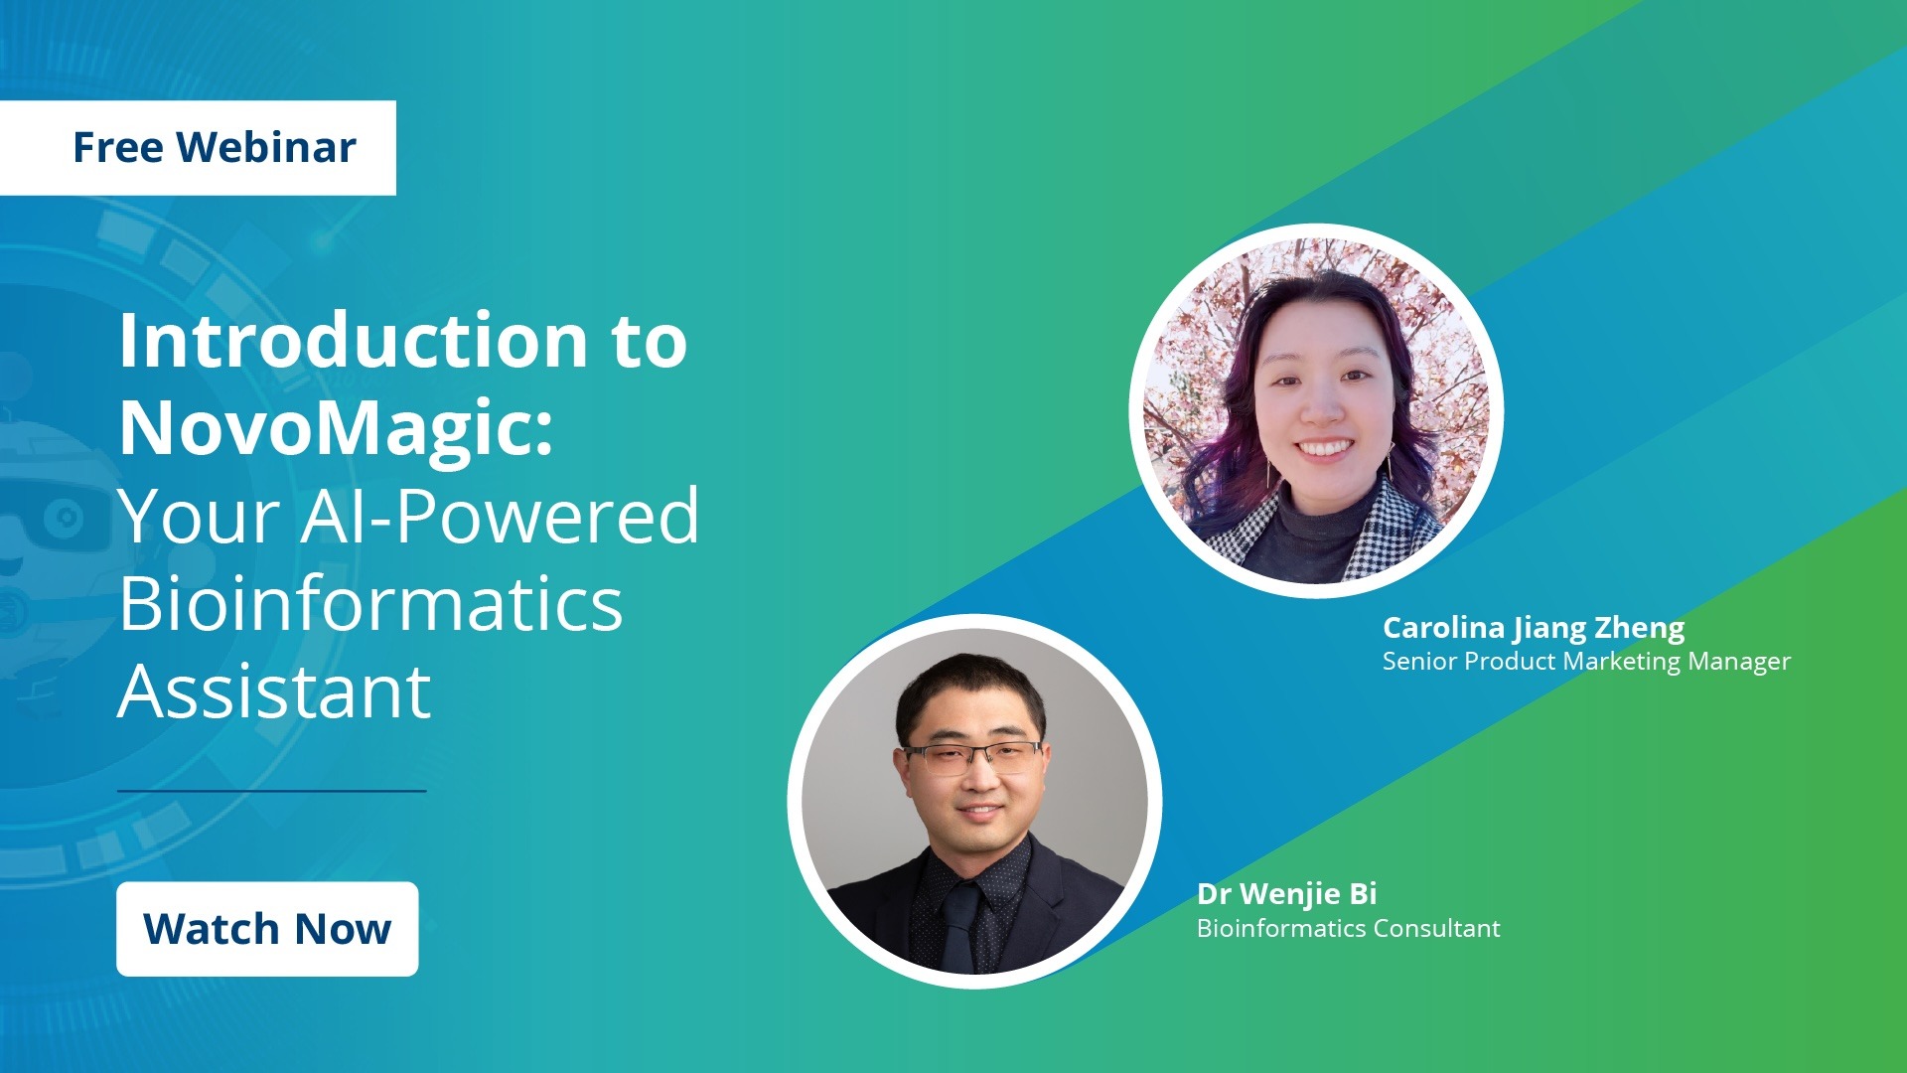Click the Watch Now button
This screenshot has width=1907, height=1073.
pyautogui.click(x=267, y=929)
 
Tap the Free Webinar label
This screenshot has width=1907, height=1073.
pyautogui.click(x=198, y=147)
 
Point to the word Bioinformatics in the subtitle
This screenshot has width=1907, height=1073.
pyautogui.click(x=370, y=603)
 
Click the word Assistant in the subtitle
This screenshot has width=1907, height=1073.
pyautogui.click(x=274, y=691)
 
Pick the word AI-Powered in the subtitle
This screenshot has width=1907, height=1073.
pyautogui.click(x=500, y=517)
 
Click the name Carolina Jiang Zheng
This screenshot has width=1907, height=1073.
pyautogui.click(x=1534, y=628)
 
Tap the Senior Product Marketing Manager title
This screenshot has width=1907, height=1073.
pyautogui.click(x=1586, y=662)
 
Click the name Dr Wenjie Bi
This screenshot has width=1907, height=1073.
pyautogui.click(x=1286, y=894)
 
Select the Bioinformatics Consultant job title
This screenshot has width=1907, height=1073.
pyautogui.click(x=1348, y=928)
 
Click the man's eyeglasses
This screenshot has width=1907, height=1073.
pyautogui.click(x=972, y=758)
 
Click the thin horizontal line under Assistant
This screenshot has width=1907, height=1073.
pyautogui.click(x=272, y=791)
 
